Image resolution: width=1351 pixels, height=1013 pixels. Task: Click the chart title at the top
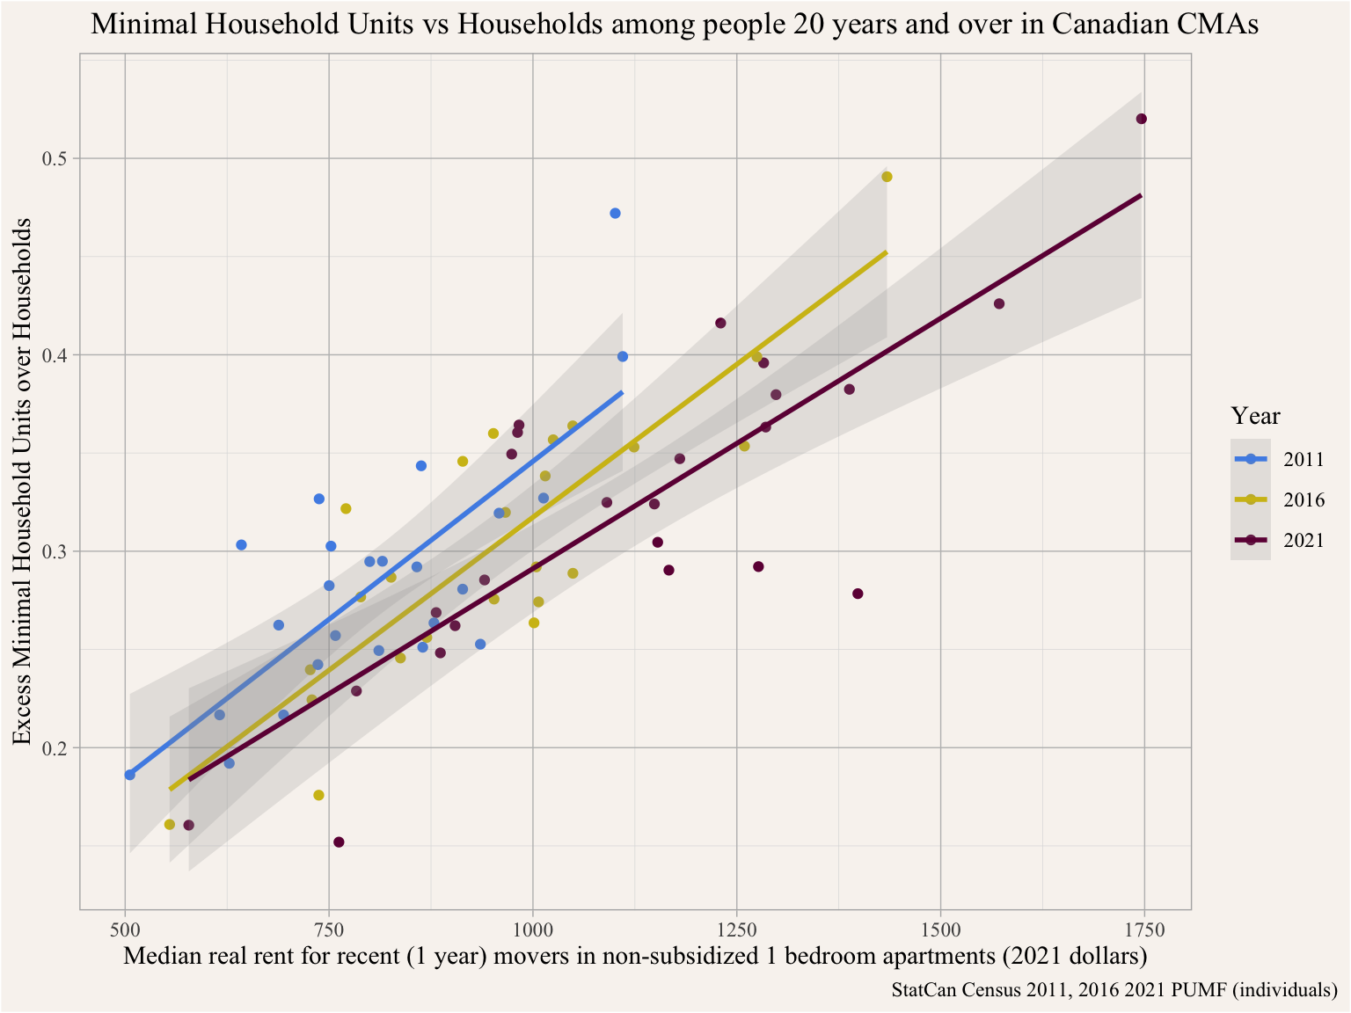[x=675, y=25]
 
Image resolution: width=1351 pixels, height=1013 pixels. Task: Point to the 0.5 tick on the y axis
[x=55, y=159]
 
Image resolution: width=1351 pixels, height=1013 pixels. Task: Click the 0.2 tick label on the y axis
[x=55, y=748]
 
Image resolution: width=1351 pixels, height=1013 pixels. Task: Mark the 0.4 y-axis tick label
[x=55, y=355]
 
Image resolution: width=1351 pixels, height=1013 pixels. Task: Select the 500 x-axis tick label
[x=125, y=929]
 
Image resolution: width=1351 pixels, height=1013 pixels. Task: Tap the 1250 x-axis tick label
[x=736, y=929]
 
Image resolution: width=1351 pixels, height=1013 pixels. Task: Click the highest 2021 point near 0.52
[x=1142, y=119]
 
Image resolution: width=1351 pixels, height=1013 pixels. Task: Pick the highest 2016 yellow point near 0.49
[x=887, y=177]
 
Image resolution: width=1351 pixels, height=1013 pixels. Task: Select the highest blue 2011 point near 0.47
[x=615, y=214]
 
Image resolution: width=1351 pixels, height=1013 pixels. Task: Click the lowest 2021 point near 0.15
[x=339, y=842]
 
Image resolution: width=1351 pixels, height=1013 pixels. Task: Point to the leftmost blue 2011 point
[x=130, y=775]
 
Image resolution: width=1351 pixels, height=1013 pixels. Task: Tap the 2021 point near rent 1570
[x=999, y=304]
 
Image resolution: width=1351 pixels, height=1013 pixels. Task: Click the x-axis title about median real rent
[x=635, y=956]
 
